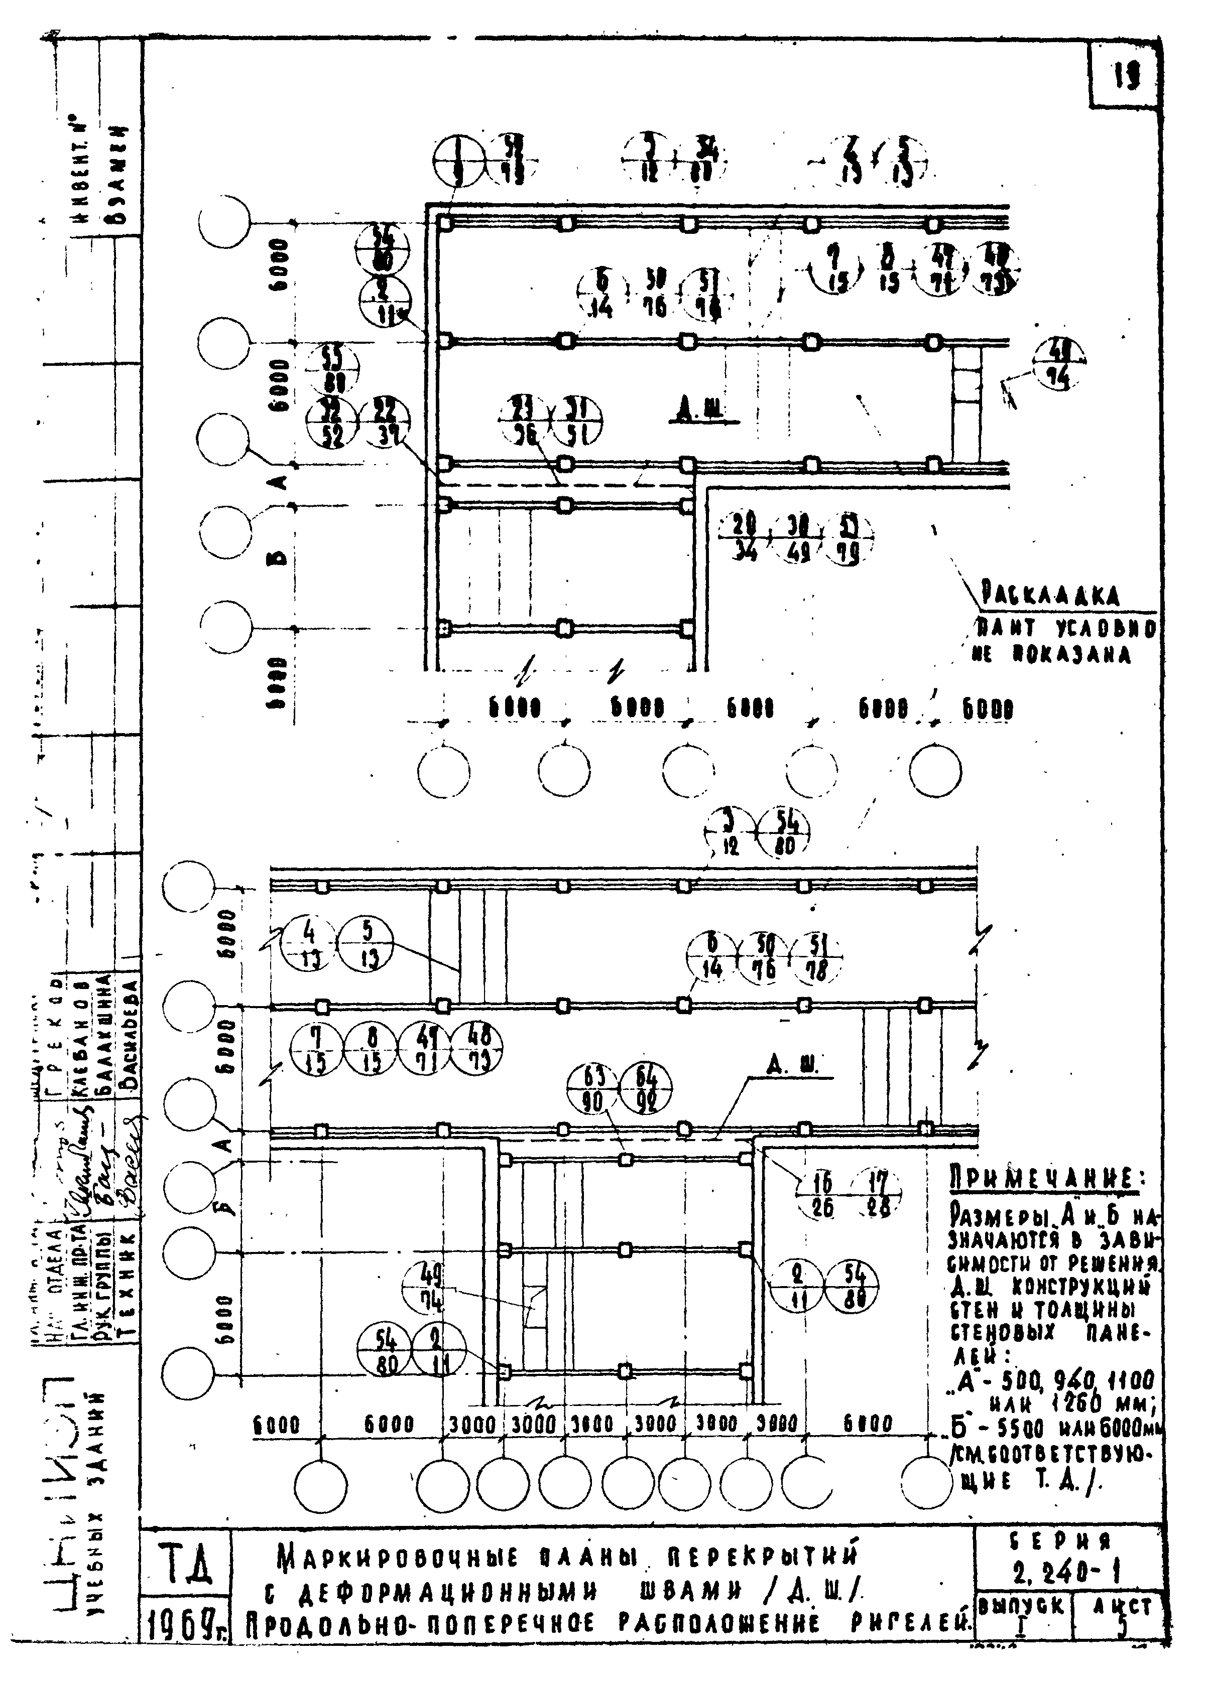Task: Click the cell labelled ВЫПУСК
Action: [1021, 1606]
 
